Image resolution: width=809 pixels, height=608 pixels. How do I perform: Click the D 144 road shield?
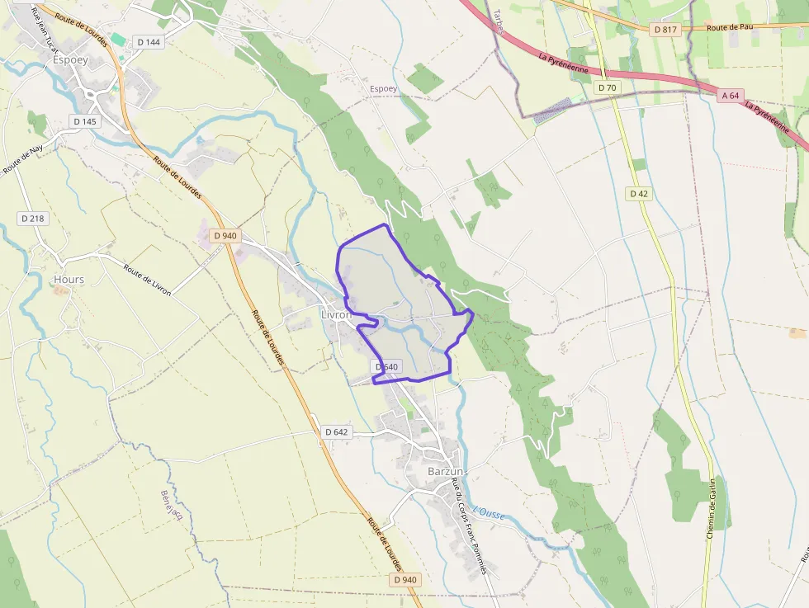tap(150, 42)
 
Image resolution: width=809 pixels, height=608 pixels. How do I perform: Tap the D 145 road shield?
tap(85, 121)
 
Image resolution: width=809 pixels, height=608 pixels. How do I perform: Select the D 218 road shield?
tap(33, 219)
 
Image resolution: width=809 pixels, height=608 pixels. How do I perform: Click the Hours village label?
tap(69, 280)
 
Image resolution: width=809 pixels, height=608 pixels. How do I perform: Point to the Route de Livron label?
tap(148, 280)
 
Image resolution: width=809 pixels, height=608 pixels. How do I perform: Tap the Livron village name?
tap(336, 315)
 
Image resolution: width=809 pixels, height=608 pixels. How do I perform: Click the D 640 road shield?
tap(386, 366)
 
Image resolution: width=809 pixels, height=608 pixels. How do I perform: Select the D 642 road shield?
tap(337, 431)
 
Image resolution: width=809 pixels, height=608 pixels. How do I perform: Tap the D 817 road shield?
tap(665, 30)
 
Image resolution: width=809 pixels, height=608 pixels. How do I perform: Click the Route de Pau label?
tap(730, 27)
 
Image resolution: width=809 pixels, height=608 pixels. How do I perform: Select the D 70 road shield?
tap(607, 87)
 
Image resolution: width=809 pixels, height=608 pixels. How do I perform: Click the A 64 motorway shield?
tap(731, 96)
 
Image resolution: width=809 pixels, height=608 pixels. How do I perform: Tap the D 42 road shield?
tap(639, 194)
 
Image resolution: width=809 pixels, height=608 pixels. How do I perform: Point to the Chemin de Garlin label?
tap(709, 509)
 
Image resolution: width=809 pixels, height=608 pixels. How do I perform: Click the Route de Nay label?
tap(22, 160)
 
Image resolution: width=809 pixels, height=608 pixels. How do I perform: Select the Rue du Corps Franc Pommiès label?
tap(468, 528)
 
